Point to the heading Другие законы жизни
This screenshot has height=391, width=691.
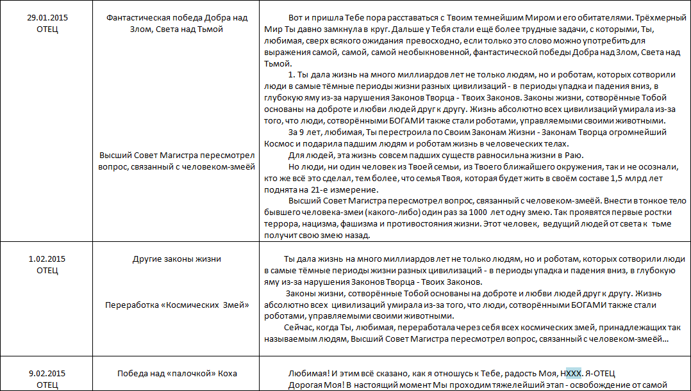coord(176,259)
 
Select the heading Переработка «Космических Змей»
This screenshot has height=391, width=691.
coord(177,305)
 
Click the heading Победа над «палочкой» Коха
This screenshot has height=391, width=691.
coord(177,374)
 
